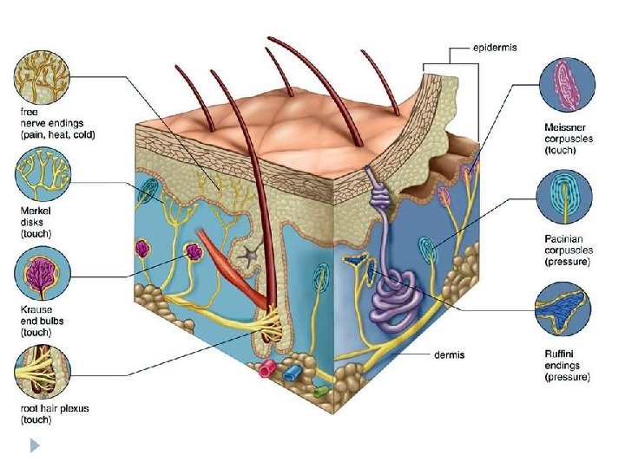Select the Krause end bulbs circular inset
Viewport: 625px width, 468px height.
point(42,273)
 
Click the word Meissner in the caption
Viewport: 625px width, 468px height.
point(565,127)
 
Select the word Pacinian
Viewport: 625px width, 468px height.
point(563,239)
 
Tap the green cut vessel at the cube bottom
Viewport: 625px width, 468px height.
point(321,390)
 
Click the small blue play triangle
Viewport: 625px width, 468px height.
point(34,447)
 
